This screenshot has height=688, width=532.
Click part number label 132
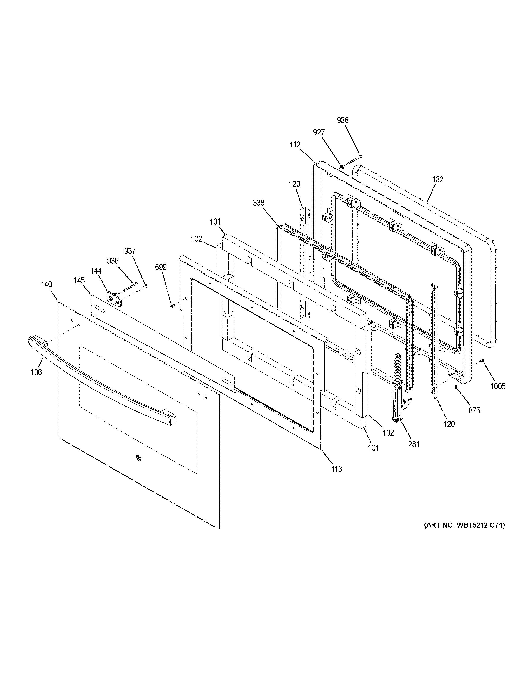point(438,179)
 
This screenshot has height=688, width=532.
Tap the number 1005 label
point(498,386)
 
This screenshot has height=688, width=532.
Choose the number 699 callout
point(161,267)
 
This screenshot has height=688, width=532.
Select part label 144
point(96,271)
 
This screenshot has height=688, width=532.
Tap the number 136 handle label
point(36,372)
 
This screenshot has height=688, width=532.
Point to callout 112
point(295,145)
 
